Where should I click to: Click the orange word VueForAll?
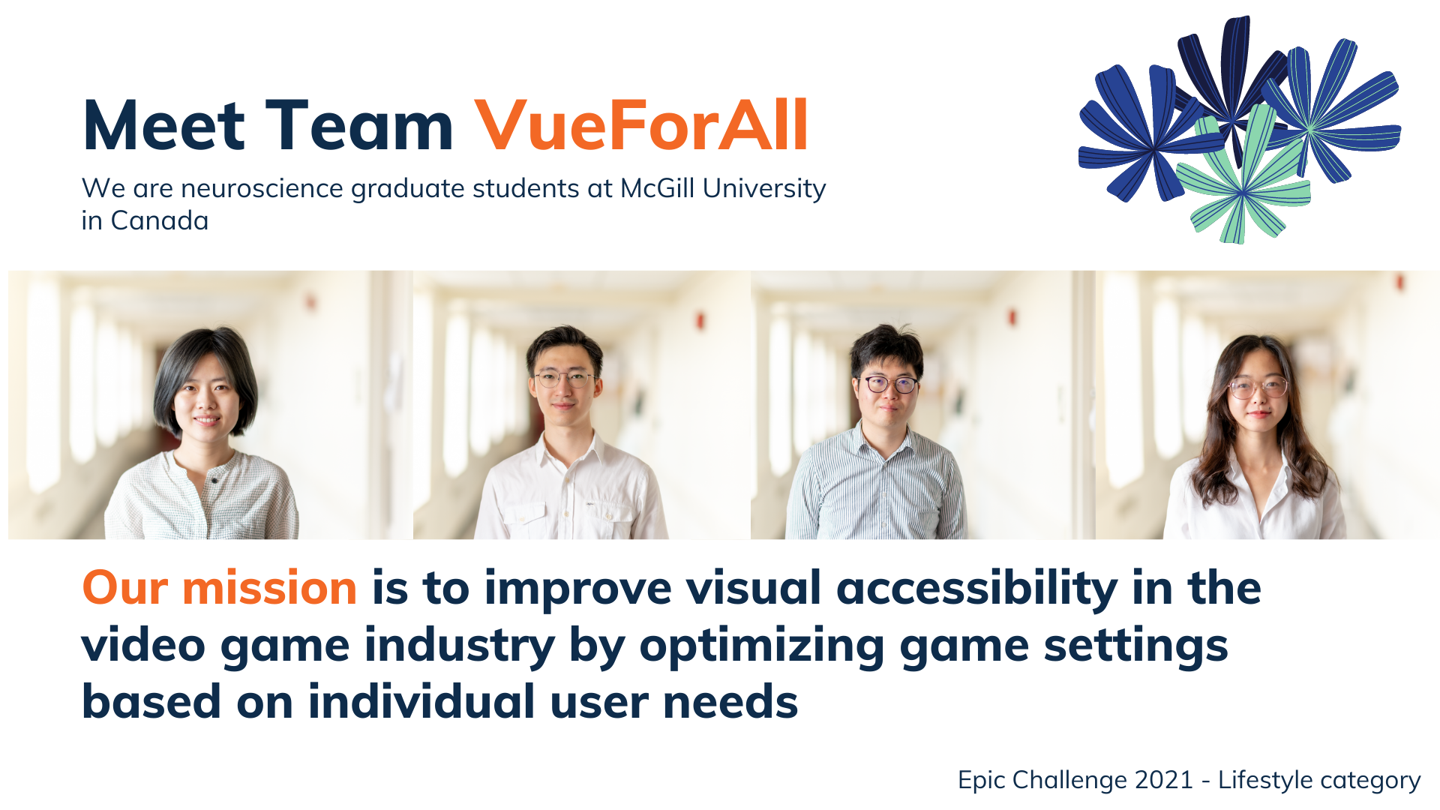[641, 126]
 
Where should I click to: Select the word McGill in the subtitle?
[657, 188]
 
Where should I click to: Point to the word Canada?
[159, 221]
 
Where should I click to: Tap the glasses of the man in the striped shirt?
[890, 385]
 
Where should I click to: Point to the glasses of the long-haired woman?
[1258, 388]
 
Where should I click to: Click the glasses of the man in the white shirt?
[565, 378]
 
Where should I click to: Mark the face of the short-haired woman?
[205, 397]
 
